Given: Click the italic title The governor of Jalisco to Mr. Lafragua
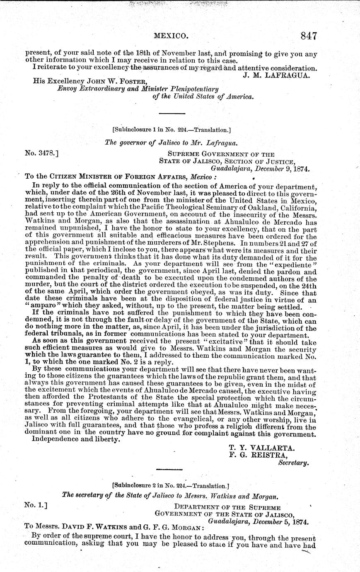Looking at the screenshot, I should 170,143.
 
